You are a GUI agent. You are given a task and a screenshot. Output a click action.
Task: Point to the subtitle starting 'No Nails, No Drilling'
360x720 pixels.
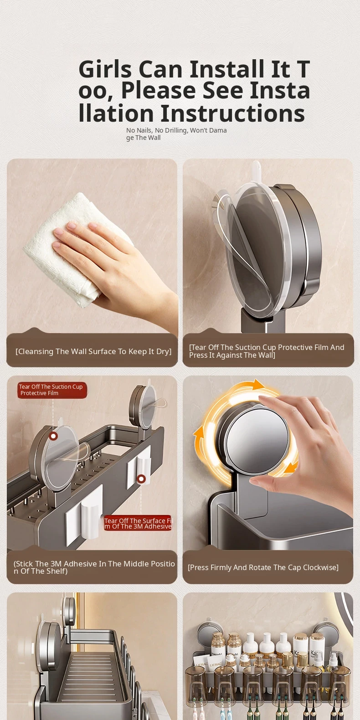pos(176,134)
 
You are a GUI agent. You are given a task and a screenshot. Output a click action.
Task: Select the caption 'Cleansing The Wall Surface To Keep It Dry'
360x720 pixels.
pos(93,351)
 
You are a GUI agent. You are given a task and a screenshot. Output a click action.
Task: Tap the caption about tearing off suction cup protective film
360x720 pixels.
pos(267,351)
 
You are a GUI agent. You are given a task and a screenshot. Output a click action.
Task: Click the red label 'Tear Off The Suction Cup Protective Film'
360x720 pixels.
pos(52,390)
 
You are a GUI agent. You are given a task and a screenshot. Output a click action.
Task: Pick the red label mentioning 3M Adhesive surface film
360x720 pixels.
pos(138,523)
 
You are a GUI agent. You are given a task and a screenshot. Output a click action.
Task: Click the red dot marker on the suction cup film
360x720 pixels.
pos(53,436)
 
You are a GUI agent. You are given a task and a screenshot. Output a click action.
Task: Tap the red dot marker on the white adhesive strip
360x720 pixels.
pos(141,479)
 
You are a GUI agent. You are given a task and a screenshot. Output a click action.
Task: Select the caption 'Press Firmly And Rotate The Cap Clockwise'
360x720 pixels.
pos(263,567)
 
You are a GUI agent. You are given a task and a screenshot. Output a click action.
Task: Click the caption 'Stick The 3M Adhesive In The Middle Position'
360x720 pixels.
pos(94,567)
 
